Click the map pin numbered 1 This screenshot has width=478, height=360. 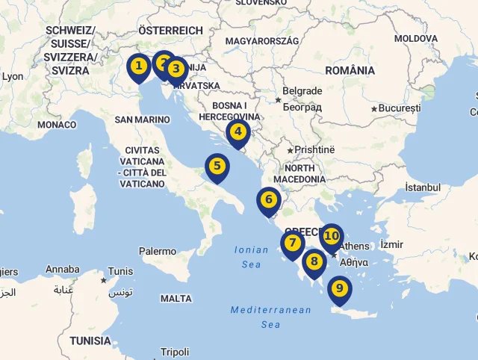point(138,67)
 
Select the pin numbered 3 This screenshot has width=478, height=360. point(176,70)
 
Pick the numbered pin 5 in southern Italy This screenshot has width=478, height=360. point(217,167)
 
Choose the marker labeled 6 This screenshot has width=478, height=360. point(268,200)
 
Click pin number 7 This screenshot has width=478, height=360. point(292,243)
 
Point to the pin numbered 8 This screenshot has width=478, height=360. point(314,262)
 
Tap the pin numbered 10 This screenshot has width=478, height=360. point(332,237)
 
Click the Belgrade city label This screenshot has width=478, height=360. point(302,91)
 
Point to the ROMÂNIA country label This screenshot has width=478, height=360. point(350,70)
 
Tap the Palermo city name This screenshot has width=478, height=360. point(158,252)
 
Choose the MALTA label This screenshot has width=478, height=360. point(176,298)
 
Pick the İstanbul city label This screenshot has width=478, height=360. point(423,187)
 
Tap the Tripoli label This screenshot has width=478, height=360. point(175,352)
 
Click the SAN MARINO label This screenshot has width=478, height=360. point(143,120)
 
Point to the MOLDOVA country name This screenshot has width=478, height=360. point(416,38)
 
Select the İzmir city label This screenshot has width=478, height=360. point(391,244)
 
